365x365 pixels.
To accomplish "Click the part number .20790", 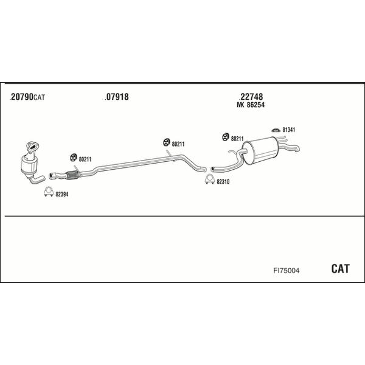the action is tap(21, 97).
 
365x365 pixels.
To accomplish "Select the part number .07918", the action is tap(117, 97).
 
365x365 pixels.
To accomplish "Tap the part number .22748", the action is tap(251, 97).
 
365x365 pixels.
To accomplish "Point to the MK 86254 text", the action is tap(251, 105).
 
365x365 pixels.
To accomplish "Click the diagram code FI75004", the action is tap(287, 271).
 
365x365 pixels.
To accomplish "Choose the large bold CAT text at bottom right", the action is tap(340, 269).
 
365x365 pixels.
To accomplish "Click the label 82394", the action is tap(61, 195).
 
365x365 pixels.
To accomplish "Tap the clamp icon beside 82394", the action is tap(49, 192).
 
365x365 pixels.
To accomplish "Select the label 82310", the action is tap(223, 181).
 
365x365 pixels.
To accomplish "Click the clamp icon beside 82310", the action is tap(210, 179).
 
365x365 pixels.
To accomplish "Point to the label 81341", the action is tap(288, 130).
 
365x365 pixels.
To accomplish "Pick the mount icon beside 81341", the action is tap(276, 130).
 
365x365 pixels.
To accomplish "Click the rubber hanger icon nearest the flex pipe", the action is tap(74, 158).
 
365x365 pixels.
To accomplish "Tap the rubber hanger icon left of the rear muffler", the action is tap(225, 137).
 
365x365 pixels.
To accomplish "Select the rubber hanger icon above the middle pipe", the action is tap(167, 142).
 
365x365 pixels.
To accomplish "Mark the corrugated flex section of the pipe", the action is tap(72, 175).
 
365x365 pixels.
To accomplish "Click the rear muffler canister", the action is tap(259, 150).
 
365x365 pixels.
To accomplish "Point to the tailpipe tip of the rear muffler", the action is tap(297, 149).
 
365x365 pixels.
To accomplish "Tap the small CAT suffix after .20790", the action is tap(40, 97).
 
